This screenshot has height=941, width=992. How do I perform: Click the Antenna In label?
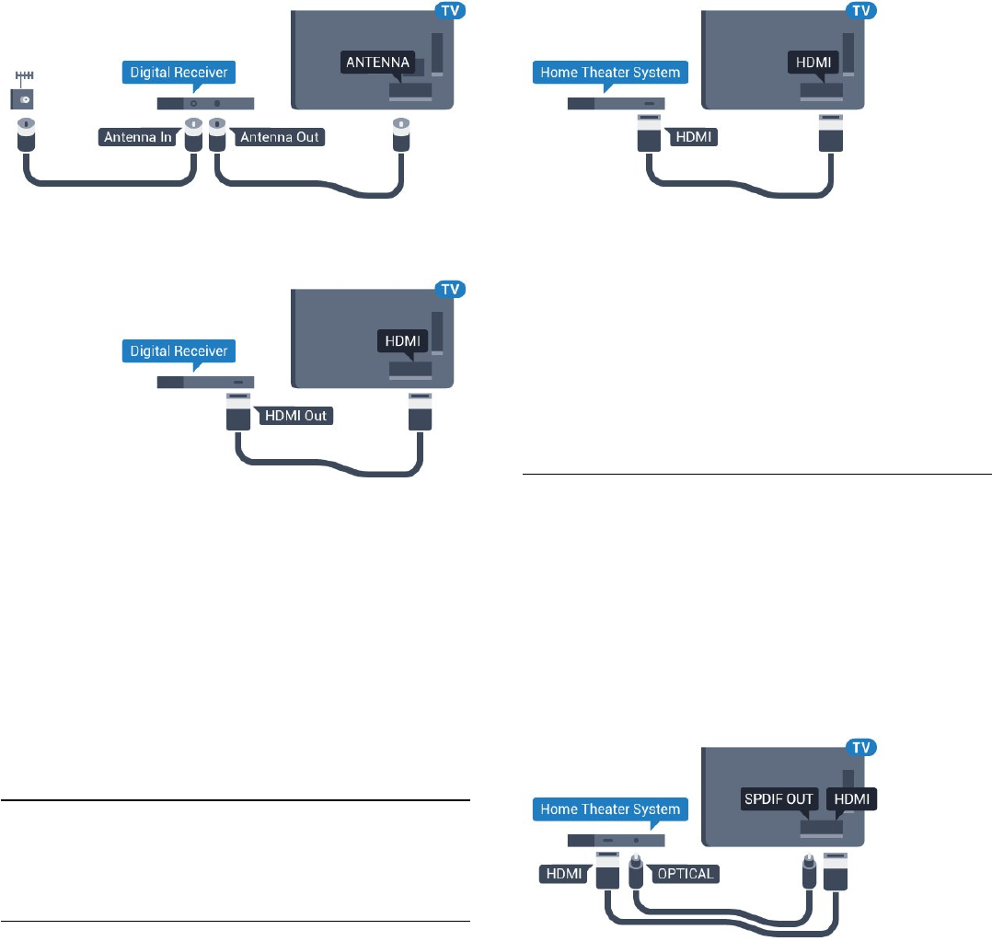[x=138, y=138]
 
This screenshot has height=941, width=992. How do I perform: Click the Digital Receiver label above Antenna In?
[x=179, y=73]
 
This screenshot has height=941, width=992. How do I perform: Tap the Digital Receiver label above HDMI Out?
[x=179, y=350]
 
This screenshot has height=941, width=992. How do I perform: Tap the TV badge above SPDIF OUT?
[x=859, y=749]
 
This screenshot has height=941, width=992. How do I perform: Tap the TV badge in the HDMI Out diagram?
[x=450, y=291]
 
